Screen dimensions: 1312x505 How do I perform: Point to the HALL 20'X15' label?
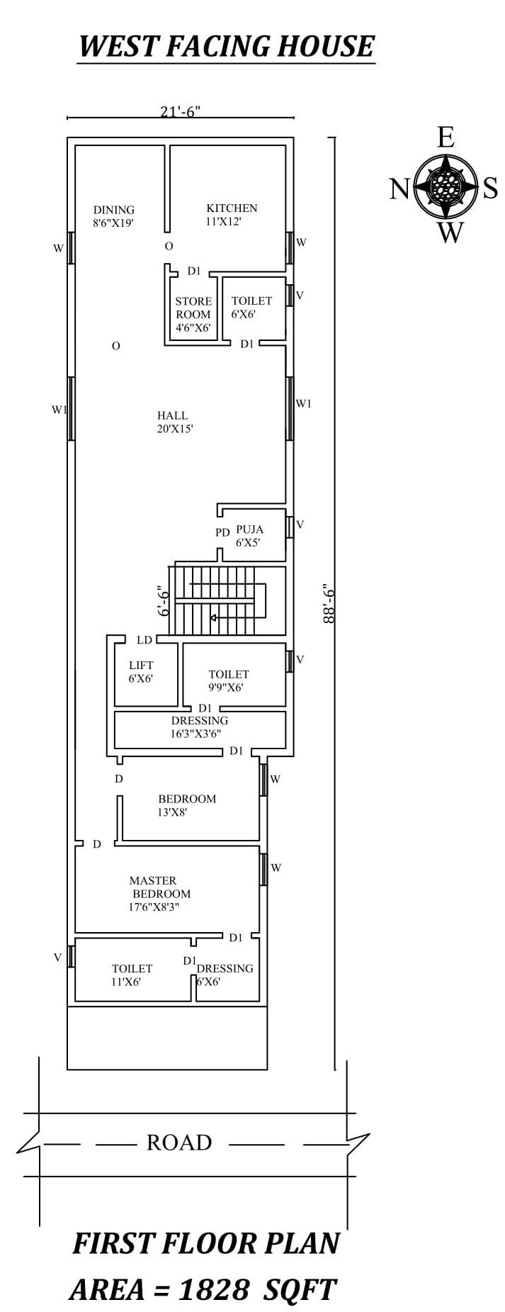point(173,422)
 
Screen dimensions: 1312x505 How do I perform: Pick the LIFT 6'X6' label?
point(141,671)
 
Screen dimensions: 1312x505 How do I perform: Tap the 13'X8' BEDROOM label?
point(186,805)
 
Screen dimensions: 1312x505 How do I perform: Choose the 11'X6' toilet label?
point(132,975)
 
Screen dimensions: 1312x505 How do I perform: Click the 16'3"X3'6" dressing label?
point(199,727)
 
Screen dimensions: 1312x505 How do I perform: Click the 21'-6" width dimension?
point(181,111)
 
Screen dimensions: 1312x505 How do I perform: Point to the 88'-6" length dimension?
point(327,603)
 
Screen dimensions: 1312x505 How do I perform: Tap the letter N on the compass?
point(399,189)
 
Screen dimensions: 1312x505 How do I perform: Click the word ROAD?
point(179,1143)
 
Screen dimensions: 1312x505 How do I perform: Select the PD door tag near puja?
point(222,532)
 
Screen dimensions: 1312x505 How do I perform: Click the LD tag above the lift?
point(144,639)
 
